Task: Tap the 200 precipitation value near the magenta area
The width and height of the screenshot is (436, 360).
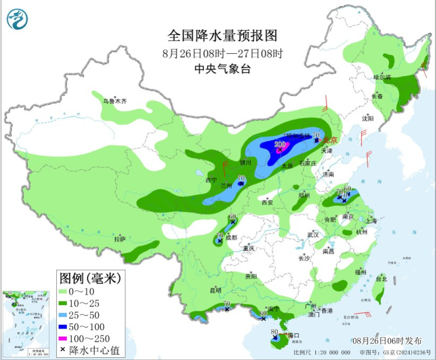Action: point(280,144)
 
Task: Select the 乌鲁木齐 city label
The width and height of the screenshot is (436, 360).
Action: point(115,101)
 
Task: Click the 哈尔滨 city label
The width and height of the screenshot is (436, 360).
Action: point(382,78)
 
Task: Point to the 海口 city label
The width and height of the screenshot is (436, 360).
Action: point(292,335)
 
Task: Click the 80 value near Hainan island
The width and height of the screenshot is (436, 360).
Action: point(275,332)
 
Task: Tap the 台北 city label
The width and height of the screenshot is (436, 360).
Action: point(381,279)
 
